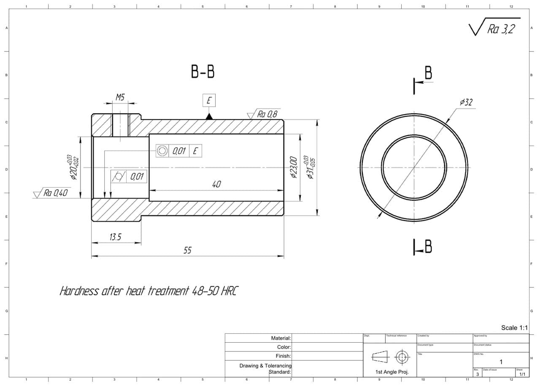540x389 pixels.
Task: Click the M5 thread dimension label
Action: coord(120,97)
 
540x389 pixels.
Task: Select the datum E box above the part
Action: coord(209,101)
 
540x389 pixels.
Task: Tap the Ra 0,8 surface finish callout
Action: coord(267,114)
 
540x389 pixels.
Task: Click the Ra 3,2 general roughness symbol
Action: coord(500,29)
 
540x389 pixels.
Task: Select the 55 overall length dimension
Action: coord(187,250)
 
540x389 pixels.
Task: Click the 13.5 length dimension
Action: coord(115,237)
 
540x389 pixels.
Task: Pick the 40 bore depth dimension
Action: coord(216,184)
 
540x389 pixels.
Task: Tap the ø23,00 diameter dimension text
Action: coord(294,168)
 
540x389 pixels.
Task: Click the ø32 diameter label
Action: coord(466,102)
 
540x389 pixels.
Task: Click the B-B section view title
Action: coord(203,72)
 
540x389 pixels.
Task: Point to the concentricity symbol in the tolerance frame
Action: coord(162,150)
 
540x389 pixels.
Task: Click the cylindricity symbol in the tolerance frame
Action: coord(119,177)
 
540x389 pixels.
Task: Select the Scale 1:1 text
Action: coord(514,327)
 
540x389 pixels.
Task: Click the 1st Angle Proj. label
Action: coord(392,372)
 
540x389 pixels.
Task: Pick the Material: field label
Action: coord(281,338)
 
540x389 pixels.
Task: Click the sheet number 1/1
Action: coord(522,374)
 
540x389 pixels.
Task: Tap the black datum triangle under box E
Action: coord(209,116)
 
